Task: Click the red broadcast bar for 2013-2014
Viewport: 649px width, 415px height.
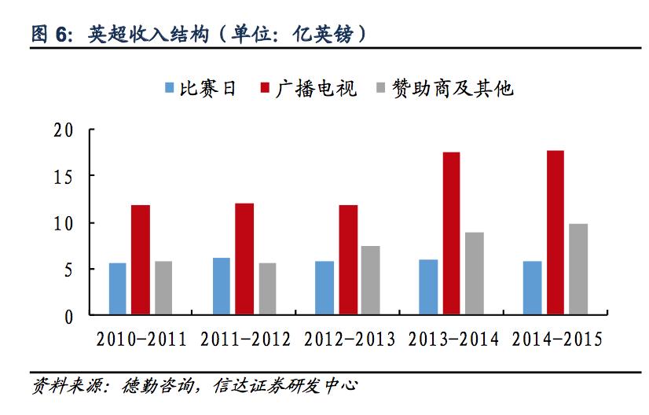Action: (x=451, y=233)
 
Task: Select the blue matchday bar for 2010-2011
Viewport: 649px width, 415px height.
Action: (x=118, y=289)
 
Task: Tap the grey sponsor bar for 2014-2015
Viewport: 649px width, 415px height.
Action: (x=578, y=270)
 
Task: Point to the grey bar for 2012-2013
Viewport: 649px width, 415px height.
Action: (x=371, y=281)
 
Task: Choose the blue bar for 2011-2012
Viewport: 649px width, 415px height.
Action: (x=222, y=286)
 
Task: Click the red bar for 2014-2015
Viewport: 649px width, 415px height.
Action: (x=555, y=233)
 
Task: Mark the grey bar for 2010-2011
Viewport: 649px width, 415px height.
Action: (x=163, y=288)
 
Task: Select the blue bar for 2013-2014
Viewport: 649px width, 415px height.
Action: (x=428, y=288)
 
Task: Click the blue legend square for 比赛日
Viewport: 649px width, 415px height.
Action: (x=169, y=88)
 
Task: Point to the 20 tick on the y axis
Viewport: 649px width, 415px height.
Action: (x=65, y=130)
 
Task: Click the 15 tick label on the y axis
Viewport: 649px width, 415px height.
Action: (x=65, y=177)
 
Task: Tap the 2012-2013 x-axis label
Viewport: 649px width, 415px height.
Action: (x=349, y=340)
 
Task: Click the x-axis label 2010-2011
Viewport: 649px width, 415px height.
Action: (x=141, y=340)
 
